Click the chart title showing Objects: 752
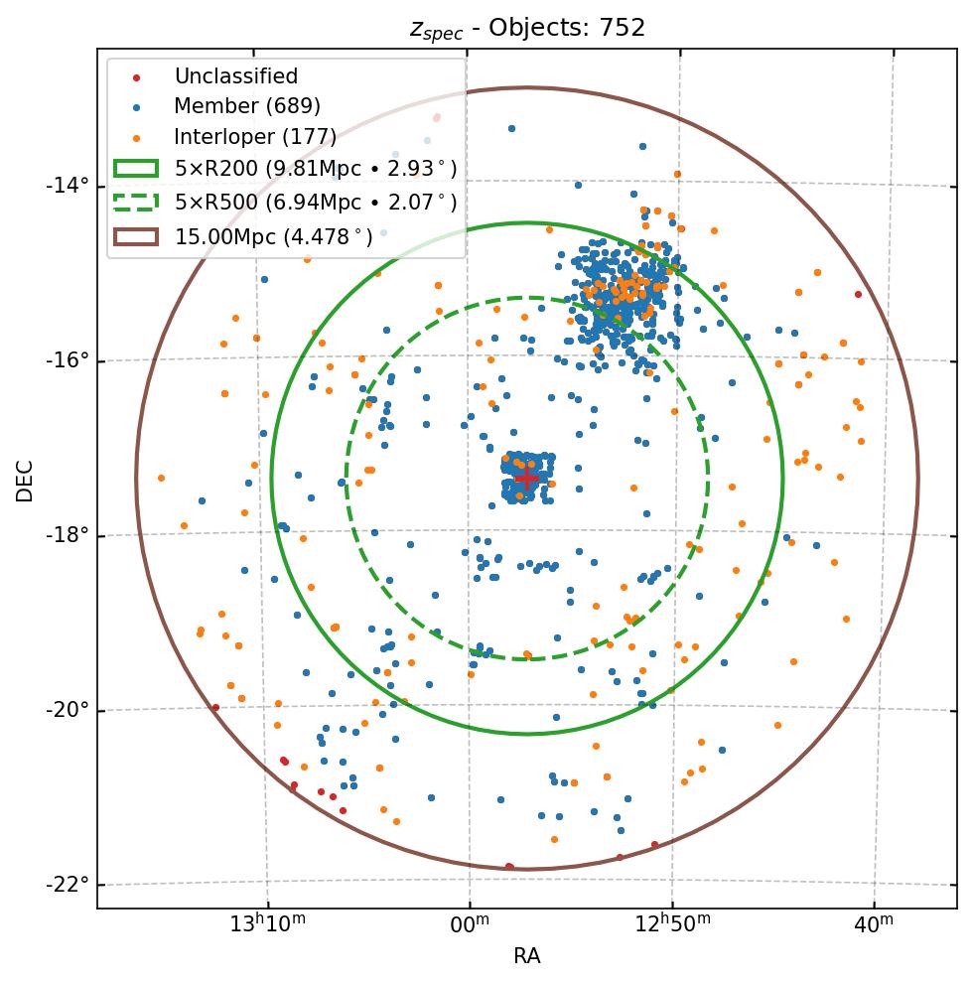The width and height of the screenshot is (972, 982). [527, 28]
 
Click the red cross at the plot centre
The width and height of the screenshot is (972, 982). [526, 478]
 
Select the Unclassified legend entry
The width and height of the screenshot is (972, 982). [235, 76]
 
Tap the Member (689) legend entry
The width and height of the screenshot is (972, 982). [247, 106]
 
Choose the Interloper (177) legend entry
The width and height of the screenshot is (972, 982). [255, 137]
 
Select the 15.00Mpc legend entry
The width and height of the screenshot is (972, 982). [273, 236]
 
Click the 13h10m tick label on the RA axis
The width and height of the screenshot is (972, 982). [267, 924]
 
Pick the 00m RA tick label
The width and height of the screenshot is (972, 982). [470, 924]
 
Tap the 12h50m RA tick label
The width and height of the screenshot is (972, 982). [672, 924]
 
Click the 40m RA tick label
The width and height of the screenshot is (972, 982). [874, 924]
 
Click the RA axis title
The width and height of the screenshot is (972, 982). [526, 956]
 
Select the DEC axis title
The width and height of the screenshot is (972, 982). [25, 481]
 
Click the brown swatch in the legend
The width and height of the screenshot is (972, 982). [136, 236]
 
